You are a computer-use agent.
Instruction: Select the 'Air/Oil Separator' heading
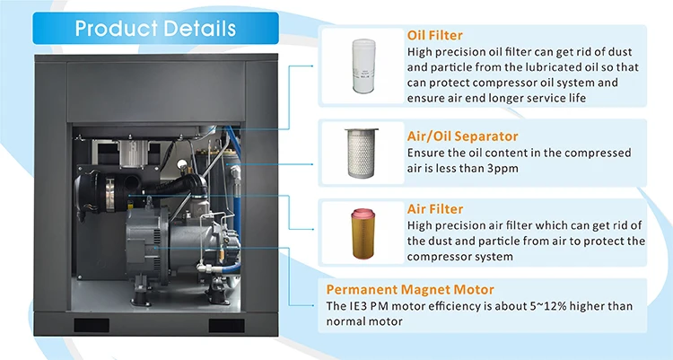coord(463,136)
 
